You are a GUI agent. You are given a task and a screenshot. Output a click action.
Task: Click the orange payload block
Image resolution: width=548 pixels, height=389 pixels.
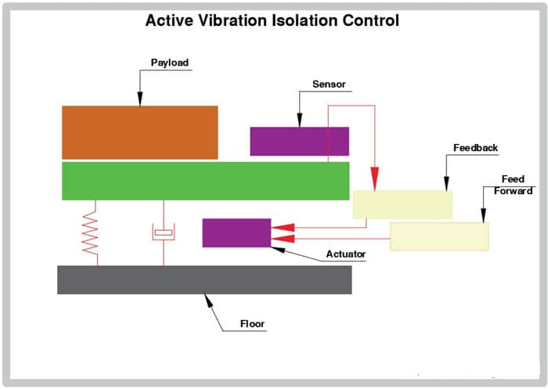click(x=140, y=132)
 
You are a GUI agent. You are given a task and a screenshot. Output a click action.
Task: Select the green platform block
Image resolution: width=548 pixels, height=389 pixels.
click(x=205, y=181)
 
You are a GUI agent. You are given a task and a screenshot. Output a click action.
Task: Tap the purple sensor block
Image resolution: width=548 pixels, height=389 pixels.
click(x=300, y=141)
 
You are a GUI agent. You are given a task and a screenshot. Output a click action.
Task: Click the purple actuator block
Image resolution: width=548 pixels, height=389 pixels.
click(x=236, y=232)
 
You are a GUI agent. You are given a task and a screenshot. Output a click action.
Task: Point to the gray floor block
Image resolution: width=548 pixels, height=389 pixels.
click(x=204, y=279)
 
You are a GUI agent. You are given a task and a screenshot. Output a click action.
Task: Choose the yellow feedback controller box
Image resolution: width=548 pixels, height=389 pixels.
click(x=402, y=205)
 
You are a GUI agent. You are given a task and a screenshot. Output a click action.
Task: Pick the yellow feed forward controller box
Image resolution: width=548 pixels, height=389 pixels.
click(x=439, y=236)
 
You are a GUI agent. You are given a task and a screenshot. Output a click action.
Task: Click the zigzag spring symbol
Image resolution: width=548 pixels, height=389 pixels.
click(x=90, y=232)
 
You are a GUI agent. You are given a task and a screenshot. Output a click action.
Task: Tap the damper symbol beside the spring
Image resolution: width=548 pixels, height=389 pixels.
click(x=163, y=232)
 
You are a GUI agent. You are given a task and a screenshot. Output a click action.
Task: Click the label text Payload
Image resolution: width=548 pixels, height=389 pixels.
click(x=170, y=63)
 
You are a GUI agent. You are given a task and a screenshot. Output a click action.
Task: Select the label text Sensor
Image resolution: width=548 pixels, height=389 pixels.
click(x=329, y=85)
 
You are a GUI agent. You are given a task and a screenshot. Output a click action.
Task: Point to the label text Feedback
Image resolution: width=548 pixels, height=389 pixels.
click(x=475, y=148)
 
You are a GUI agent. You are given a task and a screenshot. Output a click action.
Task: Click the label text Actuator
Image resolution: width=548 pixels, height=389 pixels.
click(x=346, y=254)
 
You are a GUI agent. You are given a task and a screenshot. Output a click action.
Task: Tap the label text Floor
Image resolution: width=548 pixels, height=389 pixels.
click(x=252, y=324)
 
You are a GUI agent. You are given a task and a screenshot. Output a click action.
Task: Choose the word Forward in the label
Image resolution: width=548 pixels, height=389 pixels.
click(x=513, y=191)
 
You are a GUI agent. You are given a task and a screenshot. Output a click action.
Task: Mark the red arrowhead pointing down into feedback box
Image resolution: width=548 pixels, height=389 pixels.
click(x=375, y=179)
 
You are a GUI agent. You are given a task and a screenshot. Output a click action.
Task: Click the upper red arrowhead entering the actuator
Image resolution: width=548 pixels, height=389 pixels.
click(x=283, y=227)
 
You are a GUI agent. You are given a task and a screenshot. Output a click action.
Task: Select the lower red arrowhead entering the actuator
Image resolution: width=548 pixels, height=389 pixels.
click(x=283, y=239)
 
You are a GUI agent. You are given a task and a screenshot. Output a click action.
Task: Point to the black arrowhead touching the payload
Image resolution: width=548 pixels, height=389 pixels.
click(x=140, y=99)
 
